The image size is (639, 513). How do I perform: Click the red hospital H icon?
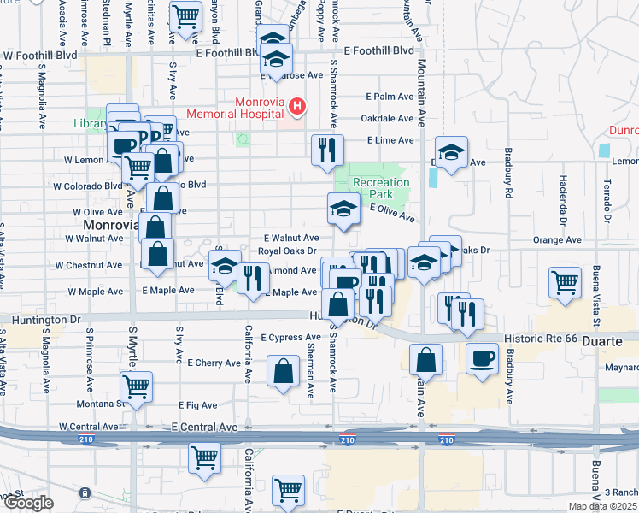tap(297, 106)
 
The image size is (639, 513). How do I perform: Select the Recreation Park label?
tap(381, 188)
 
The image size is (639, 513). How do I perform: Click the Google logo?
tap(28, 503)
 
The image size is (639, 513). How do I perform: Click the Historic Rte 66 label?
tap(539, 339)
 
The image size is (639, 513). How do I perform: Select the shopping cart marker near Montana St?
tap(137, 386)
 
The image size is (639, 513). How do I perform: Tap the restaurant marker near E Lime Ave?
tap(327, 150)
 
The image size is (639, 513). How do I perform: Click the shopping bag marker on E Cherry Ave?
tap(283, 371)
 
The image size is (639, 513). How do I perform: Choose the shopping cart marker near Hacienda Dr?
tap(565, 282)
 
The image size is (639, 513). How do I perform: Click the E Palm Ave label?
tap(390, 97)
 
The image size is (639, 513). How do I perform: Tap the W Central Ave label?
tap(89, 426)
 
